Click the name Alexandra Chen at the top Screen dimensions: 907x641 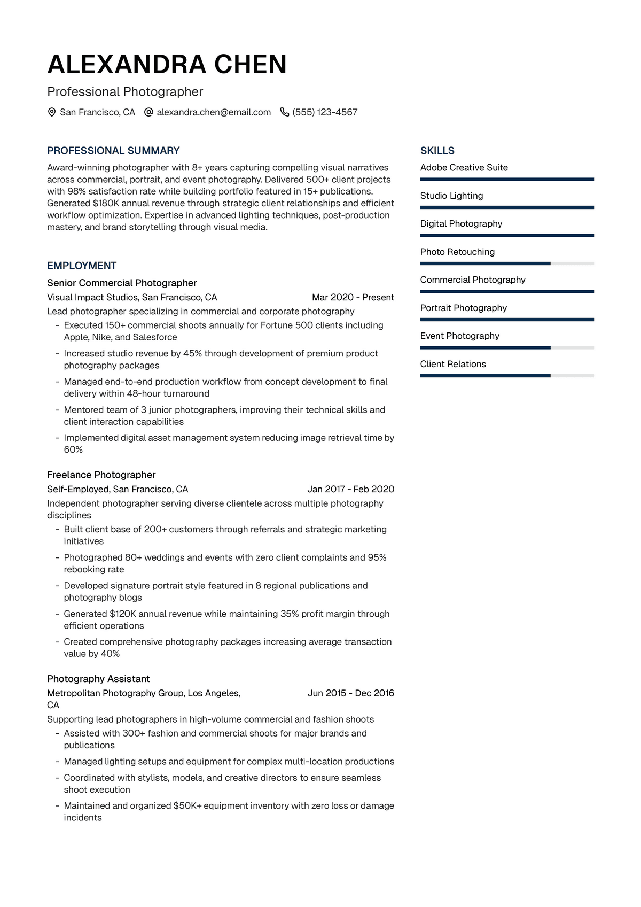pyautogui.click(x=167, y=65)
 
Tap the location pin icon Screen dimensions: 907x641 pyautogui.click(x=52, y=112)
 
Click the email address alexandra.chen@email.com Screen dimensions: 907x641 pyautogui.click(x=214, y=112)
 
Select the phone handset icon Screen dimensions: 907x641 pyautogui.click(x=285, y=112)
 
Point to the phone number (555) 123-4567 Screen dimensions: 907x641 pyautogui.click(x=325, y=112)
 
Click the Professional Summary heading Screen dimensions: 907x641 pyautogui.click(x=113, y=151)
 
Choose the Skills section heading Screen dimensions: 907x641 pyautogui.click(x=437, y=151)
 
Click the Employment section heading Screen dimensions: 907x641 pyautogui.click(x=82, y=266)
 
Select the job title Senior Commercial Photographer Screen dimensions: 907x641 pyautogui.click(x=122, y=283)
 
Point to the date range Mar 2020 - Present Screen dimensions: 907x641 pyautogui.click(x=353, y=297)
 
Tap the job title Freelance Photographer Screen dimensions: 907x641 pyautogui.click(x=101, y=475)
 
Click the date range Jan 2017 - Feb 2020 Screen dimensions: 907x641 pyautogui.click(x=350, y=489)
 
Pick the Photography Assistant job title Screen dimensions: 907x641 pyautogui.click(x=98, y=679)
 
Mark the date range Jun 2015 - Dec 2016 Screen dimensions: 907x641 pyautogui.click(x=350, y=693)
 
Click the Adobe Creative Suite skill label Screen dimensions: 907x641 pyautogui.click(x=464, y=167)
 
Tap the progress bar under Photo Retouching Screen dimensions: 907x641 pyautogui.click(x=507, y=263)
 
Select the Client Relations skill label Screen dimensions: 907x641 pyautogui.click(x=453, y=364)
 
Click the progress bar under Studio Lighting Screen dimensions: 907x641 pyautogui.click(x=507, y=207)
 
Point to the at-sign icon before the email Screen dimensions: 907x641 pyautogui.click(x=149, y=112)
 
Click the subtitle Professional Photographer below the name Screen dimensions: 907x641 pyautogui.click(x=125, y=92)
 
